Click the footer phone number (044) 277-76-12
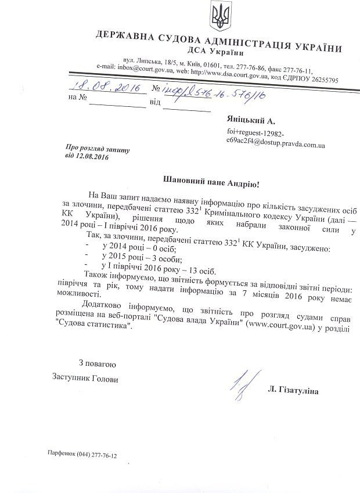(x=95, y=456)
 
